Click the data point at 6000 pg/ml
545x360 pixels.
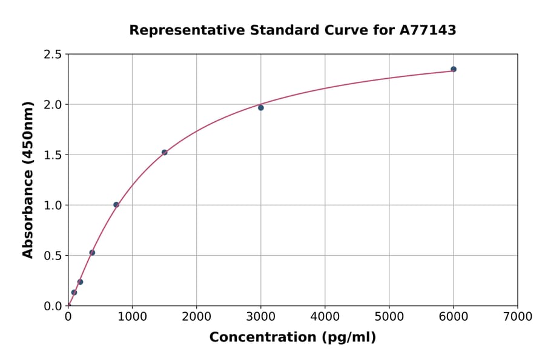(x=454, y=69)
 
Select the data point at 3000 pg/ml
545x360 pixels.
(x=261, y=108)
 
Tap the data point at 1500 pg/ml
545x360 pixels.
(x=165, y=152)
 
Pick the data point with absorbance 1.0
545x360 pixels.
(x=116, y=205)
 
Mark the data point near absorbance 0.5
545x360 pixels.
(x=92, y=253)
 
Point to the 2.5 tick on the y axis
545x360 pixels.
(x=53, y=55)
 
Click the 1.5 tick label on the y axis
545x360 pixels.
(x=53, y=155)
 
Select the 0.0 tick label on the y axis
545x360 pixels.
(x=53, y=306)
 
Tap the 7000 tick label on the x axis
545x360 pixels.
(x=518, y=316)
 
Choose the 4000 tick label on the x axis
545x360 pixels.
(x=325, y=316)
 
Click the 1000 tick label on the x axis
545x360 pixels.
(x=133, y=316)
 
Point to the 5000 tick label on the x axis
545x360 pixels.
(x=389, y=316)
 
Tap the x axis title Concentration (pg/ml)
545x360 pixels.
(x=292, y=338)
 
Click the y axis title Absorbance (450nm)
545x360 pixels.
(x=28, y=179)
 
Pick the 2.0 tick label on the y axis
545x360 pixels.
(x=53, y=105)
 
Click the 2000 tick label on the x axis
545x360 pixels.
(x=197, y=316)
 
